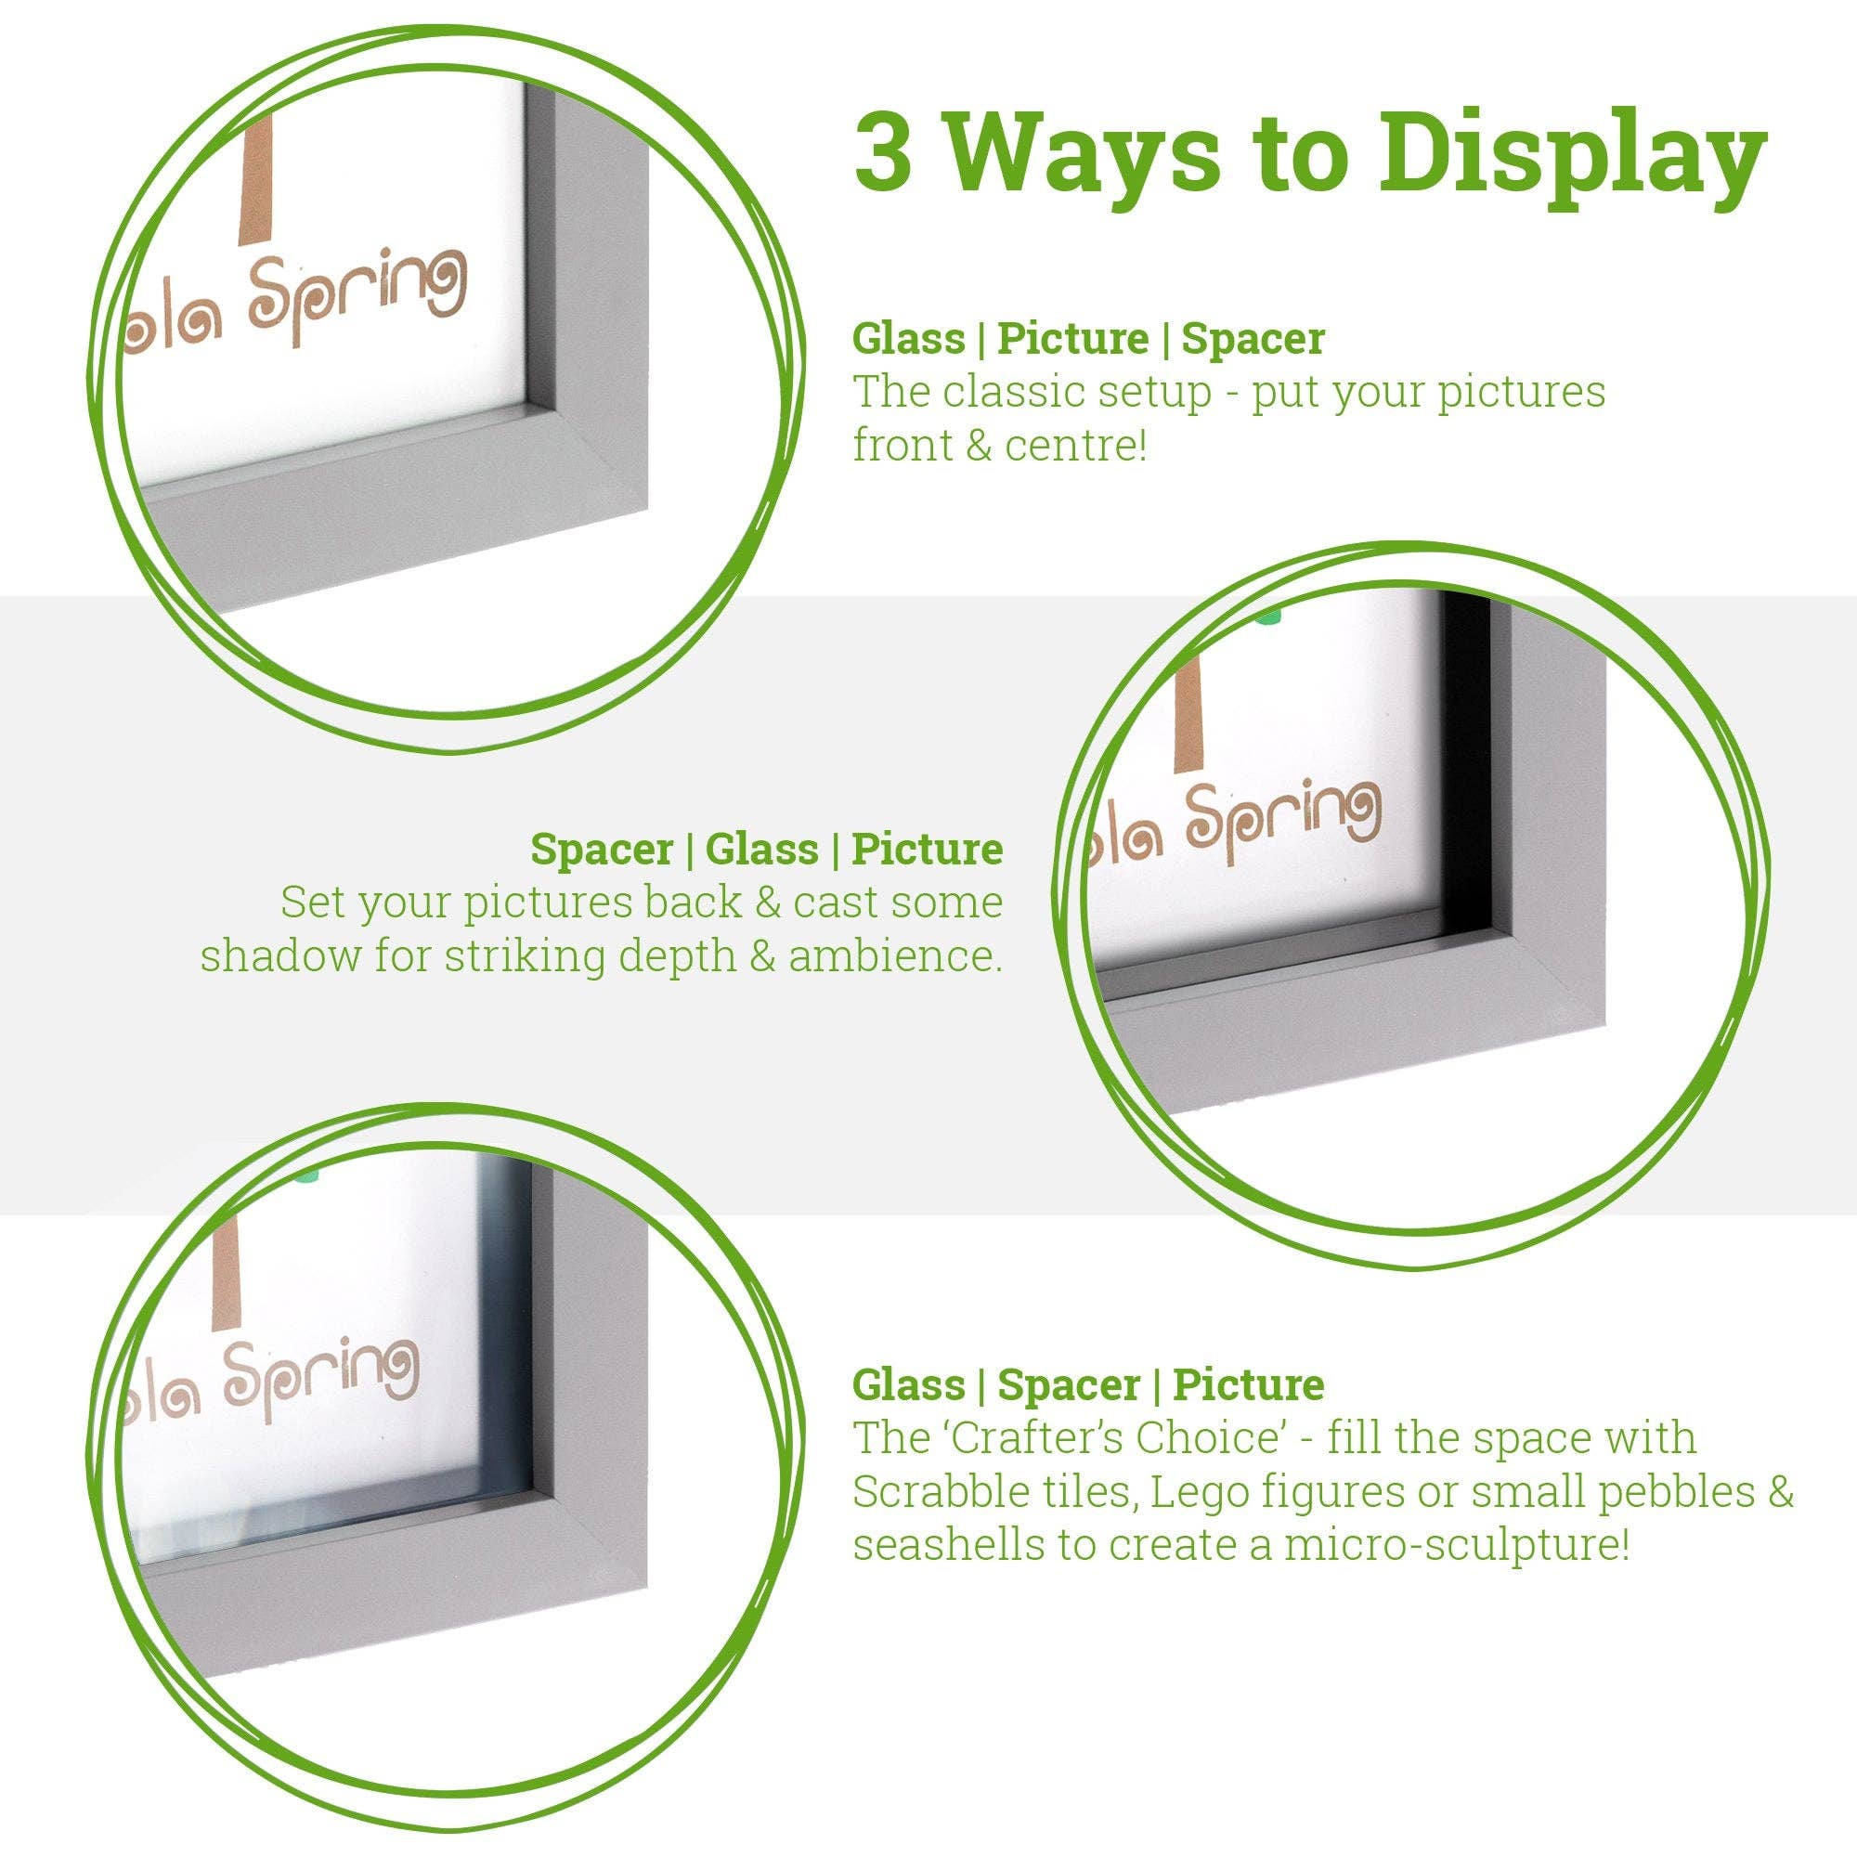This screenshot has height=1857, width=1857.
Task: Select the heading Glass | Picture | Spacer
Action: click(1088, 338)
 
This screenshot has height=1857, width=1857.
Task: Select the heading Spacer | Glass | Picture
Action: click(766, 850)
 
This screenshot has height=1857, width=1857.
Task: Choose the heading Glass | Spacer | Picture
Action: click(1088, 1385)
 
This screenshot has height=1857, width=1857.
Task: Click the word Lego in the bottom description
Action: click(1189, 1493)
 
